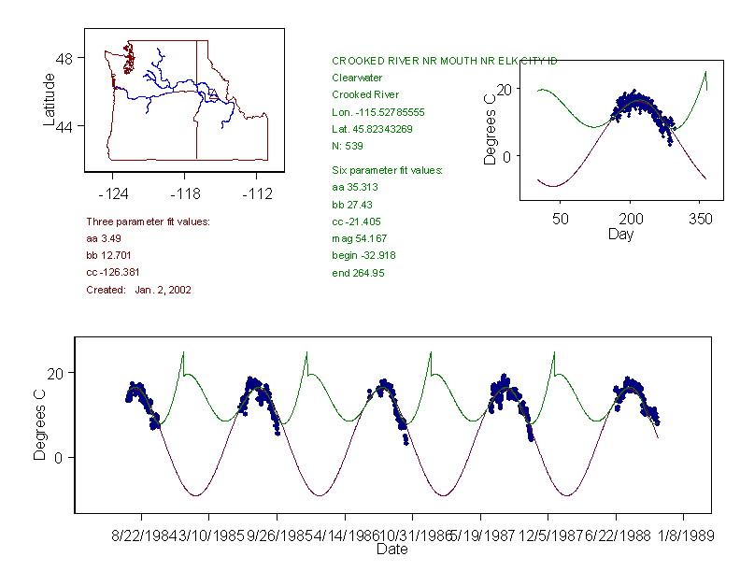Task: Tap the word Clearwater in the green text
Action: click(x=357, y=79)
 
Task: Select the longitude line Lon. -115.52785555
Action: click(x=378, y=112)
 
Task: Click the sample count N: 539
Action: click(x=348, y=146)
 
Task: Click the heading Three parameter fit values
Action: click(x=148, y=221)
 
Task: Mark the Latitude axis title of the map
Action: click(x=50, y=99)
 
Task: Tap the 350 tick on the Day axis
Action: click(x=701, y=219)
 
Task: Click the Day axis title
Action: click(x=619, y=234)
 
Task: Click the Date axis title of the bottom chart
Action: click(x=391, y=550)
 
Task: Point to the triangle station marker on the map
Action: click(x=213, y=93)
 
